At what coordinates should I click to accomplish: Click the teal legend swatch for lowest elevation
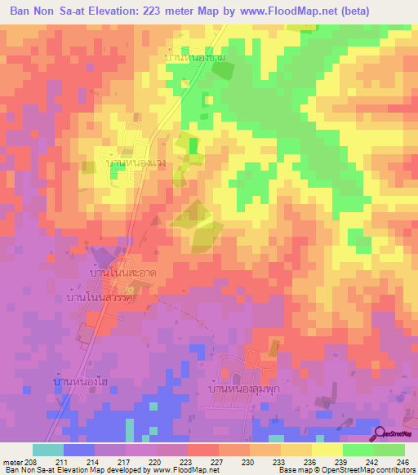coord(48,450)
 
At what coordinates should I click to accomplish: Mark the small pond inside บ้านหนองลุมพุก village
coord(236,378)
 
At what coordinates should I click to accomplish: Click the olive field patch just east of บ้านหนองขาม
coord(222,71)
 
